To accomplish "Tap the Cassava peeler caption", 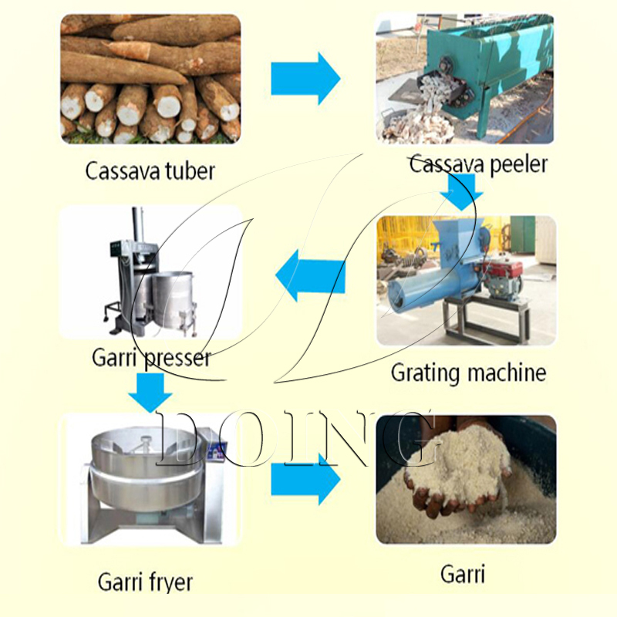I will [478, 164].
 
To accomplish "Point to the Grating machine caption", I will [468, 373].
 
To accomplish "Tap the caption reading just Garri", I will [463, 575].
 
